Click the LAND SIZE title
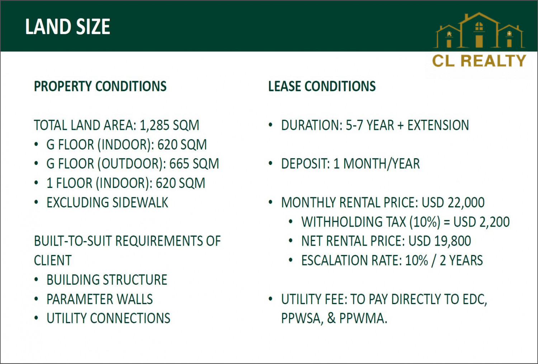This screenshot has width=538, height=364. (67, 27)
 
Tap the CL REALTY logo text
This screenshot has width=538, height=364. (479, 61)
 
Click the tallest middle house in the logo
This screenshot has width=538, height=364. (479, 30)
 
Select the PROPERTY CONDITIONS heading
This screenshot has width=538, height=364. (100, 86)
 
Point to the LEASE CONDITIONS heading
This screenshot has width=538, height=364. (322, 86)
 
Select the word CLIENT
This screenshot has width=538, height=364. (53, 260)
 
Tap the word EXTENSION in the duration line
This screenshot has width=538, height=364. (438, 125)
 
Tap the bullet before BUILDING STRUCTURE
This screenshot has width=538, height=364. (36, 279)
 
